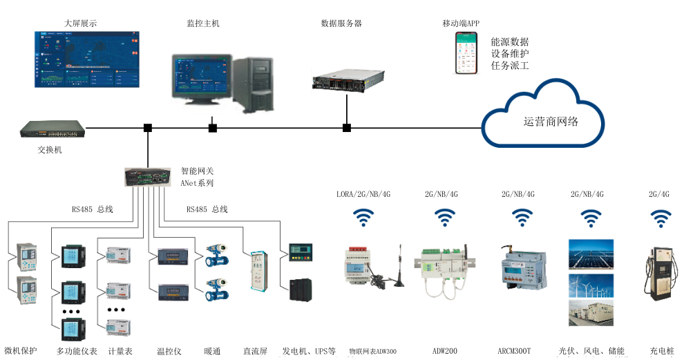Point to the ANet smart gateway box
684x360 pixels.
click(x=147, y=177)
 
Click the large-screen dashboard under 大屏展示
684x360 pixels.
click(x=86, y=59)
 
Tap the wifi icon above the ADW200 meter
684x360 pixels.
click(x=444, y=218)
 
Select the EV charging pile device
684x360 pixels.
click(x=660, y=276)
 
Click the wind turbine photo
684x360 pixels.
click(x=591, y=284)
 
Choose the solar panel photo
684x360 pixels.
click(x=591, y=254)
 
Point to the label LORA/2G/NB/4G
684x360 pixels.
click(x=363, y=194)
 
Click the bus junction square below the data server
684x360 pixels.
click(x=346, y=128)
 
